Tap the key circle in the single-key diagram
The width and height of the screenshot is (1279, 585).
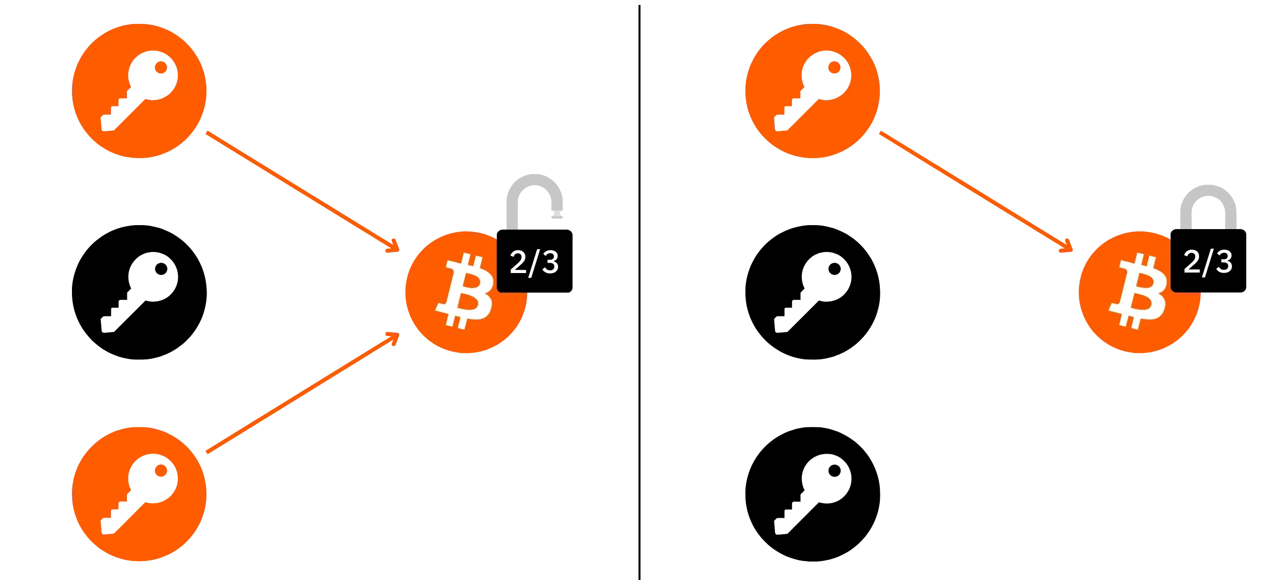[812, 91]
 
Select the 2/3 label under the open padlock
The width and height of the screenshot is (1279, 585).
[534, 262]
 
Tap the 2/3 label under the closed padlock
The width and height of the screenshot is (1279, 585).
[1208, 262]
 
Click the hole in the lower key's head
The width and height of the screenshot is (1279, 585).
[160, 471]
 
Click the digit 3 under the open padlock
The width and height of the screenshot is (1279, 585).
[549, 262]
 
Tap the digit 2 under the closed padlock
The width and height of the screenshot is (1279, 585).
[1192, 262]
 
